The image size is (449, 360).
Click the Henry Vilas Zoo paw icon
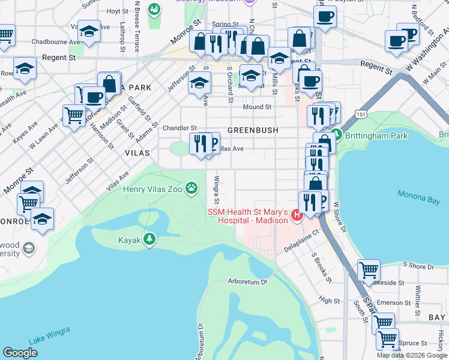[x=191, y=188]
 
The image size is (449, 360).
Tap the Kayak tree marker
[x=149, y=240]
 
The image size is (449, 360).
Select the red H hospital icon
[x=296, y=214]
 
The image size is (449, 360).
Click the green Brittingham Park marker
[x=336, y=136]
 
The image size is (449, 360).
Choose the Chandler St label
[x=179, y=128]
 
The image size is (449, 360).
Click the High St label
[x=330, y=301]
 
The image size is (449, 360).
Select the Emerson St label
[x=393, y=303]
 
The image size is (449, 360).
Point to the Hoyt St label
[x=117, y=11]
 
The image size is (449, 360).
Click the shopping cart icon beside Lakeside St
[x=369, y=270]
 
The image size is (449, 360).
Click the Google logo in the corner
[x=20, y=353]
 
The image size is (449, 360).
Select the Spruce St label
[x=414, y=343]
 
